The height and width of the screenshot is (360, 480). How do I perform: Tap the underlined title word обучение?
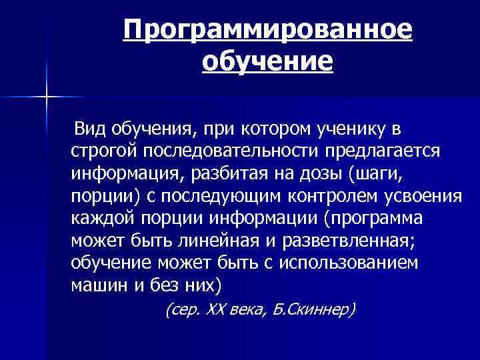click(x=267, y=63)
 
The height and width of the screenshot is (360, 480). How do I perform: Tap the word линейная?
click(x=219, y=241)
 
